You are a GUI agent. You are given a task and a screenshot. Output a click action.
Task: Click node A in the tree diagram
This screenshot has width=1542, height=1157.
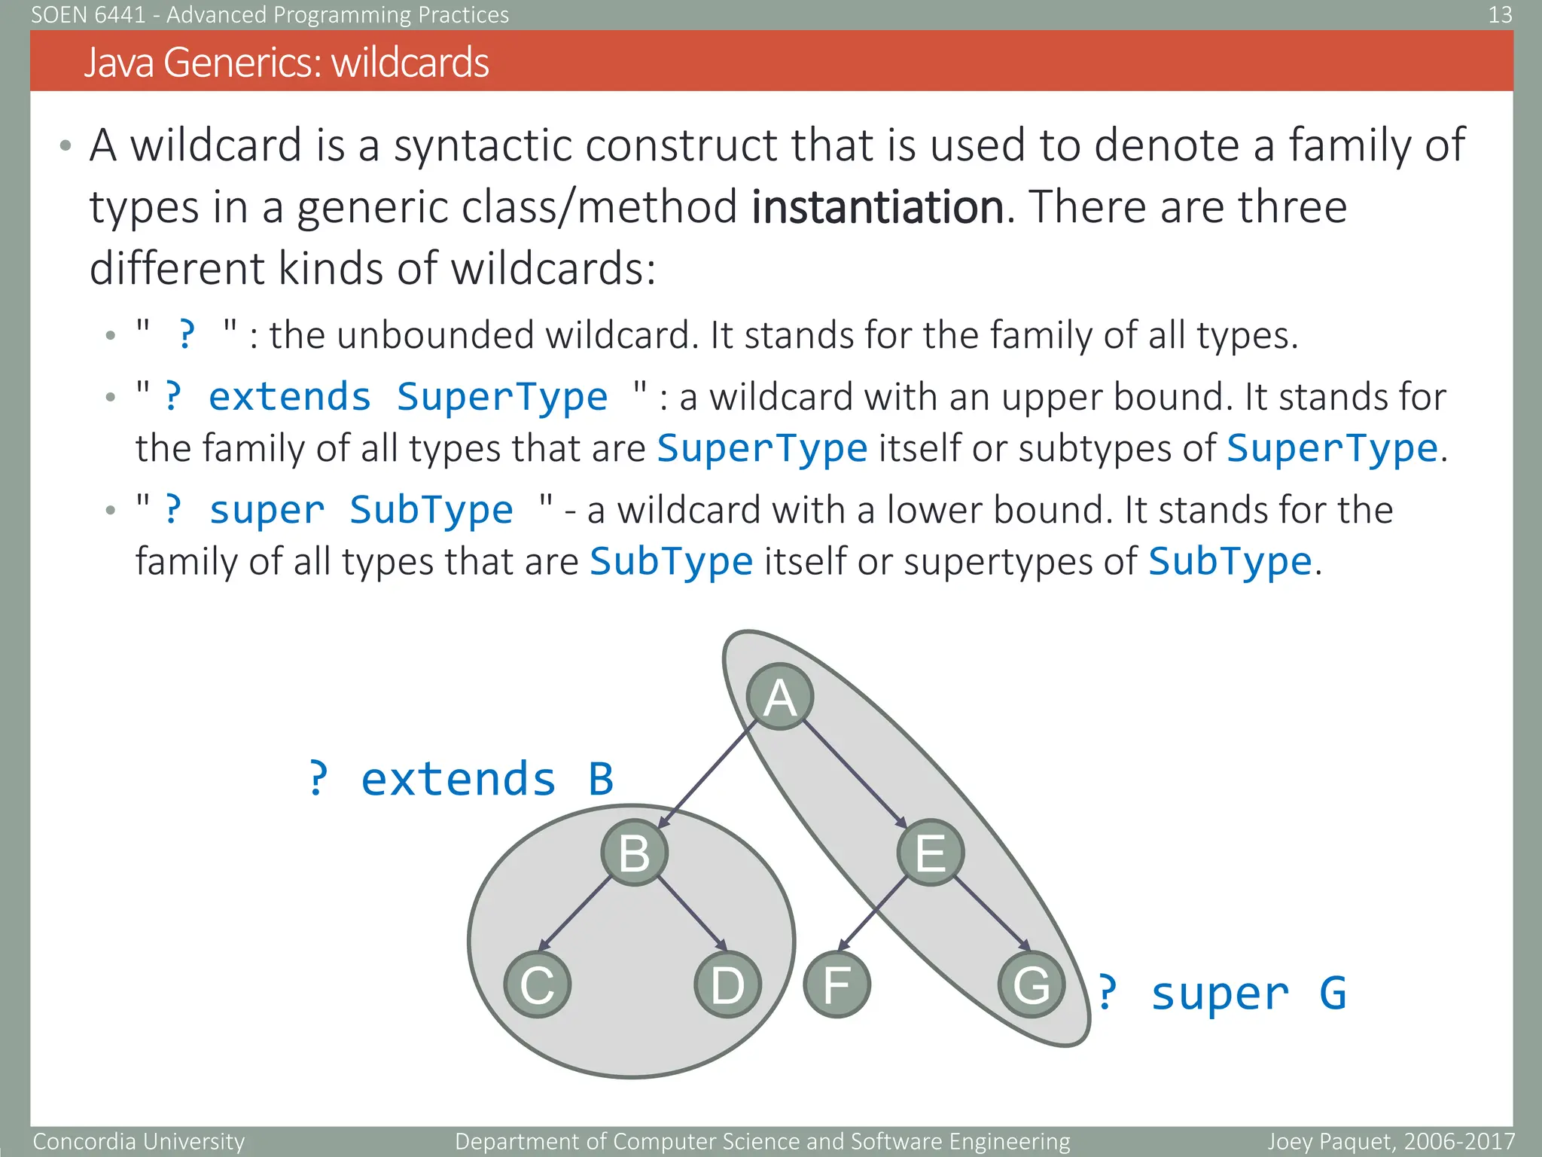tap(780, 697)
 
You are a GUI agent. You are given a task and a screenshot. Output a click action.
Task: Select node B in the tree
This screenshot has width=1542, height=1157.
tap(634, 852)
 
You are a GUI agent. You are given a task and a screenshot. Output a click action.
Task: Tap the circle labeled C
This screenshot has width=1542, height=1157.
tap(537, 985)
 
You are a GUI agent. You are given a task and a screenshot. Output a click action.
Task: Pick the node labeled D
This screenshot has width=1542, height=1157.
tap(727, 985)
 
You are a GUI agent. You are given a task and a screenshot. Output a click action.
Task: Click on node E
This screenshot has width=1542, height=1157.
tap(930, 852)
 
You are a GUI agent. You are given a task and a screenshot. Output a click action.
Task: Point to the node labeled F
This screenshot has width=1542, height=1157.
tap(837, 985)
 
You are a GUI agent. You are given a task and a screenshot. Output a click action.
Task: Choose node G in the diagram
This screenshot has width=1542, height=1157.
tap(1031, 985)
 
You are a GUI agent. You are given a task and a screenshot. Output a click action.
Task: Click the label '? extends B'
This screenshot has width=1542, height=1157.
tap(461, 778)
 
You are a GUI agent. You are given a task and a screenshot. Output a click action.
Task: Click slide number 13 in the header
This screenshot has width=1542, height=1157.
tap(1500, 14)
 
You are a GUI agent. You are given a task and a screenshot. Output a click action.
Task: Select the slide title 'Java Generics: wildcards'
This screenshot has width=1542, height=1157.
tap(286, 62)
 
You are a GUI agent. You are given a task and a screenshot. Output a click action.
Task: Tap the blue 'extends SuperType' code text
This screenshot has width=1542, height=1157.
tap(407, 397)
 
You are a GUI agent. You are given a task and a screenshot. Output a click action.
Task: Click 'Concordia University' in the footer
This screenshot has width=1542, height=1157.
tap(139, 1141)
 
